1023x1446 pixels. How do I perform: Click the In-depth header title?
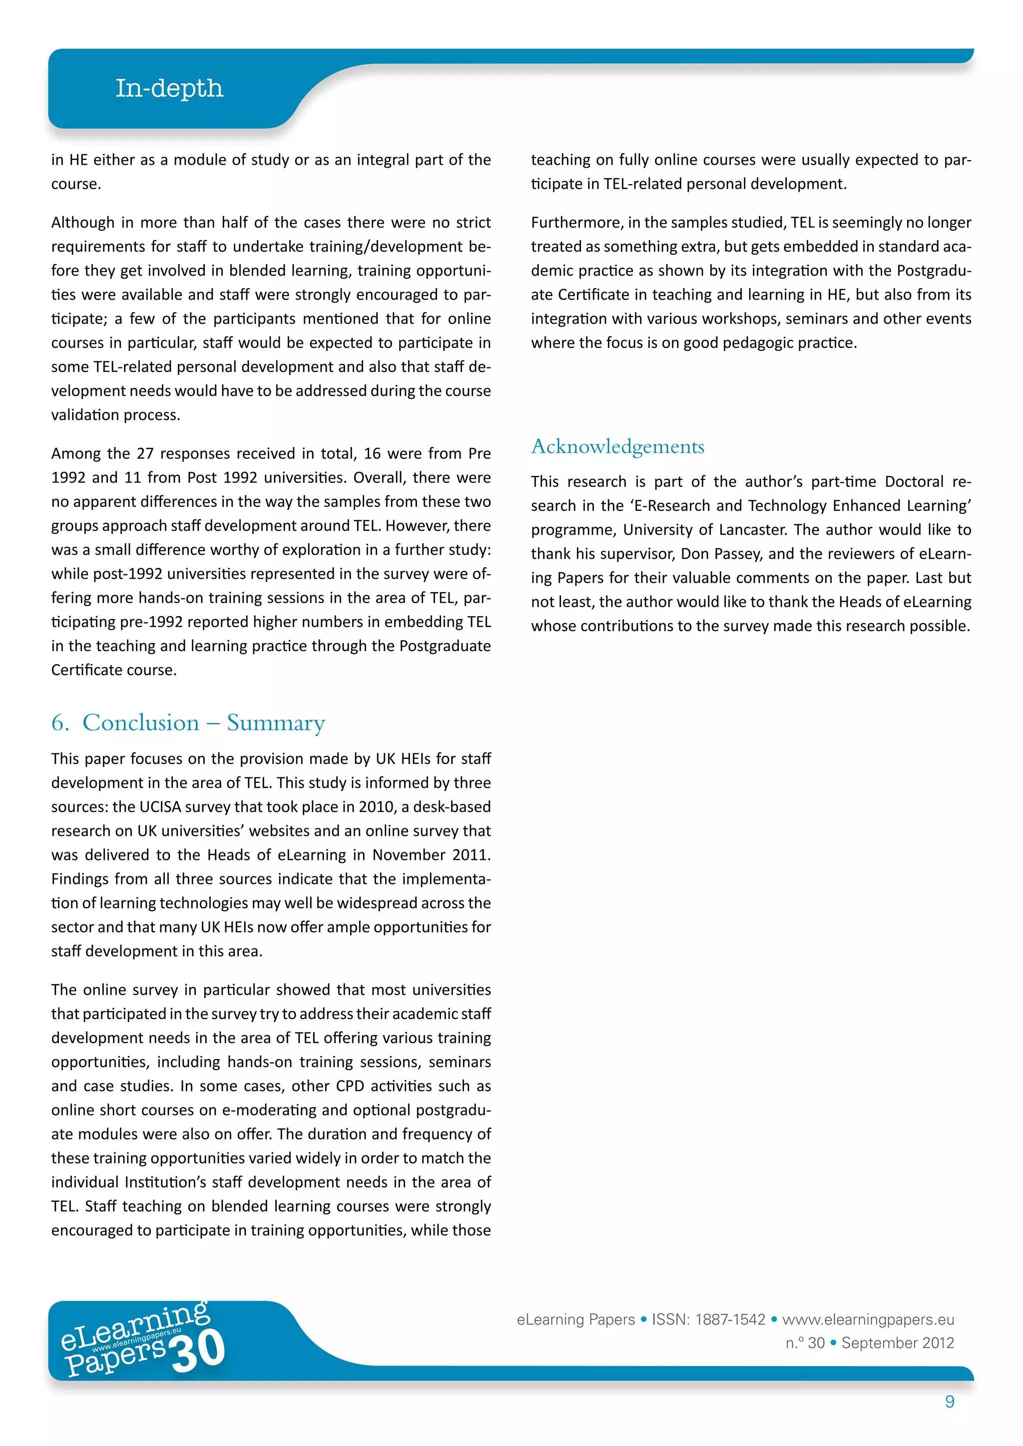pos(169,88)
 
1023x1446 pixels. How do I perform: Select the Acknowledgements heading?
pos(617,446)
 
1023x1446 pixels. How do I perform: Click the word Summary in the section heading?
pos(275,723)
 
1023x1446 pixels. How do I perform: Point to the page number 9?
pos(949,1401)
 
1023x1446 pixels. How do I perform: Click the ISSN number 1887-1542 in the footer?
pos(730,1319)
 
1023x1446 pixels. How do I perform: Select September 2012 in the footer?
pos(898,1343)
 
